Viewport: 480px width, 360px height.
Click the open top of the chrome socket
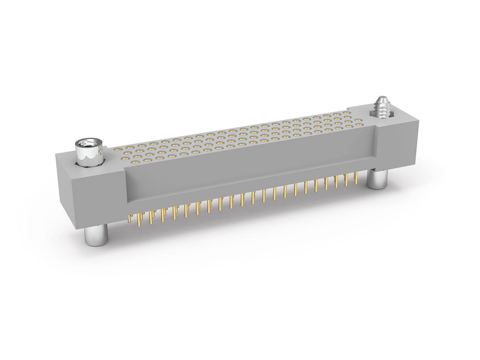89,143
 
